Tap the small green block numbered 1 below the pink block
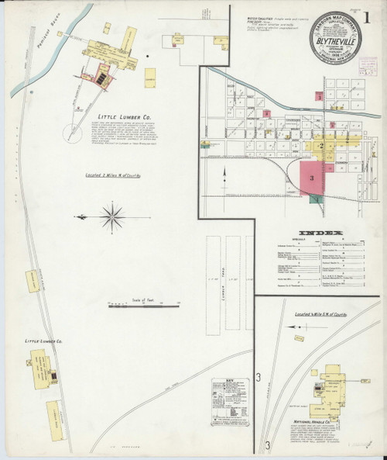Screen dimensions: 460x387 [x=316, y=200]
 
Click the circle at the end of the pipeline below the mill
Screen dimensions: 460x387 [x=78, y=109]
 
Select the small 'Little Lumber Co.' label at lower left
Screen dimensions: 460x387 [x=45, y=341]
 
